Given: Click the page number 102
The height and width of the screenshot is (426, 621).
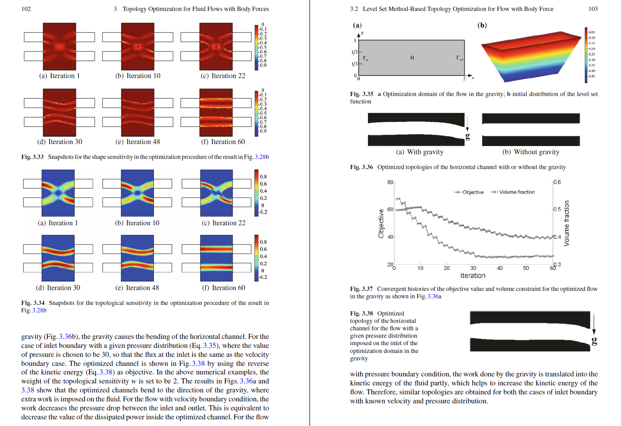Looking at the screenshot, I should click(x=26, y=9).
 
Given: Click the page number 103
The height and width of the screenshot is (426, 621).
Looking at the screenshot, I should click(x=593, y=9).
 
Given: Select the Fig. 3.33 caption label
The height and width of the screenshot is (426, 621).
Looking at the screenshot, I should click(x=32, y=157).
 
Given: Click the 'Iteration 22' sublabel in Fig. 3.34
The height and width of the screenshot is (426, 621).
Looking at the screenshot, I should click(x=223, y=223).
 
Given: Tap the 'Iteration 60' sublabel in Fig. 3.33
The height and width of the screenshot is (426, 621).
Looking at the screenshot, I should click(x=223, y=142).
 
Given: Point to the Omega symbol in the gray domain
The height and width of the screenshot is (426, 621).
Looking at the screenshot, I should click(x=412, y=57).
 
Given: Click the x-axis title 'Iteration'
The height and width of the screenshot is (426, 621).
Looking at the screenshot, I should click(x=473, y=276).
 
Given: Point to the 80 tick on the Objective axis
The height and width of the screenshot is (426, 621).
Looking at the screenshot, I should click(x=390, y=182).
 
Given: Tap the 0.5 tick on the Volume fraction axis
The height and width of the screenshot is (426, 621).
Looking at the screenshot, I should click(x=557, y=209).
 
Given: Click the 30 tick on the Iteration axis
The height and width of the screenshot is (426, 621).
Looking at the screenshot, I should click(x=473, y=268).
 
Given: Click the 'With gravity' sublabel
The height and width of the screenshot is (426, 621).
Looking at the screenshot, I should click(x=420, y=152).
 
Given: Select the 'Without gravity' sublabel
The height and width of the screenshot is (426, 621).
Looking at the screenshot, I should click(x=531, y=152).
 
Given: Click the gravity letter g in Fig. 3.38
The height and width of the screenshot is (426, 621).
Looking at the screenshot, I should click(x=594, y=340).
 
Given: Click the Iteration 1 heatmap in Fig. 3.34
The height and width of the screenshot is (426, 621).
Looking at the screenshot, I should click(x=58, y=193).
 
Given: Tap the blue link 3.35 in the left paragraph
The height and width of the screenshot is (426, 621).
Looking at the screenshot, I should click(x=209, y=346).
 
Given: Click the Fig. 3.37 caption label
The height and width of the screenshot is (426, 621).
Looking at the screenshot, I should click(x=361, y=289).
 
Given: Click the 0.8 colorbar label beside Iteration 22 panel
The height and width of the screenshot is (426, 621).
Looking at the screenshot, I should click(x=264, y=176).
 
